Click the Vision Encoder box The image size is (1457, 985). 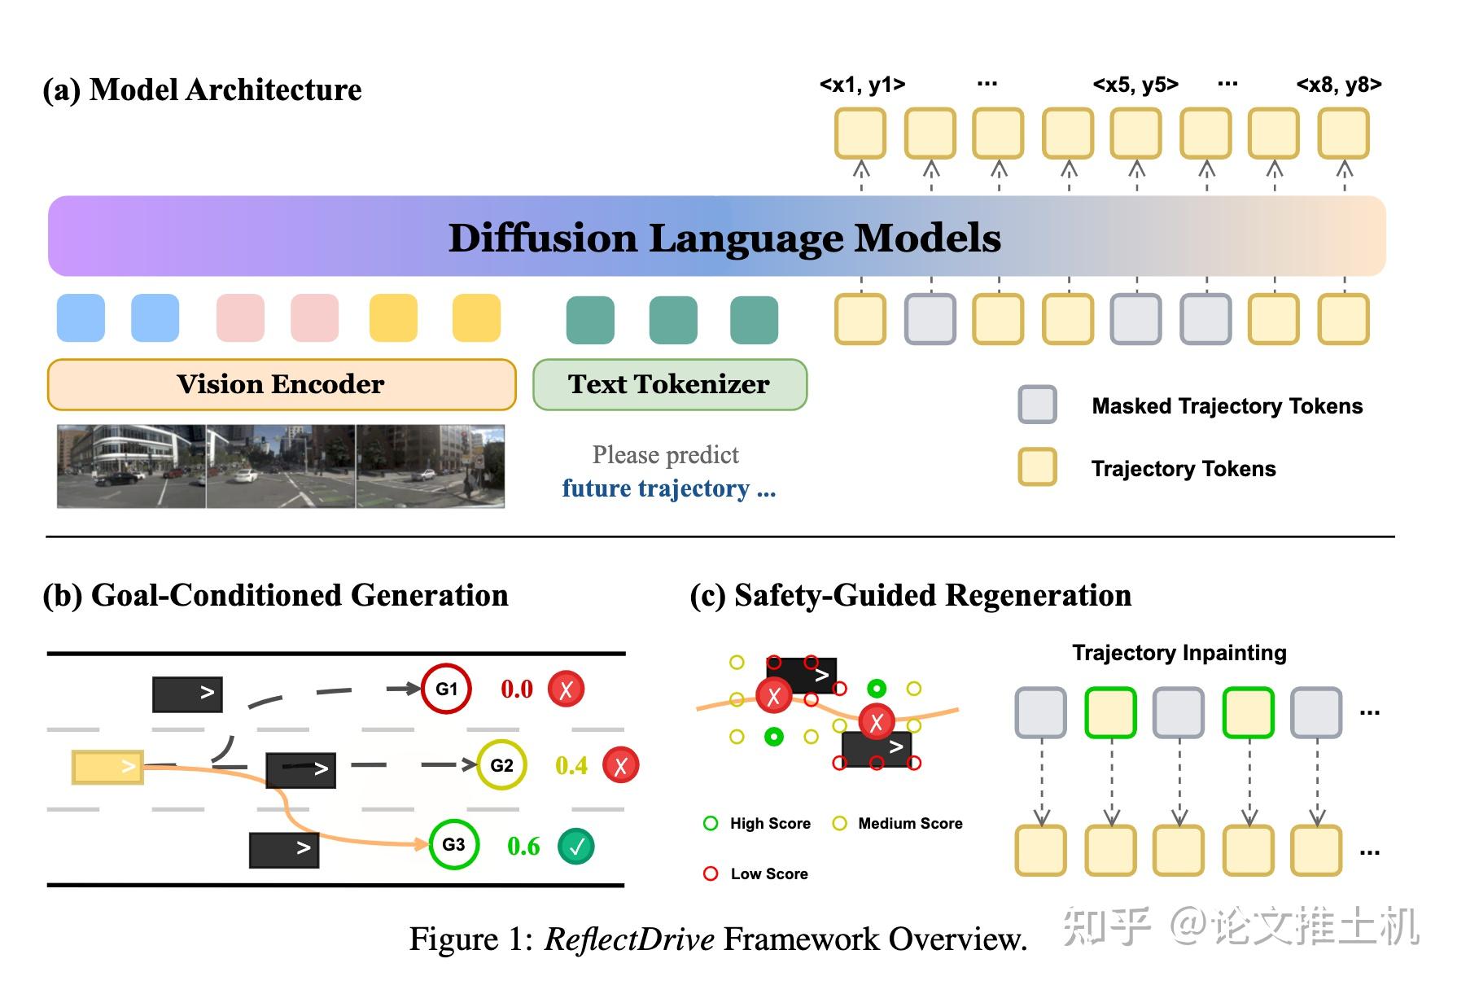(x=282, y=384)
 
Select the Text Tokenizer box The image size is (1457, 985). (x=669, y=384)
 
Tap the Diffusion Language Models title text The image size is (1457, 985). (x=724, y=238)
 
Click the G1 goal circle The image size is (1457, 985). (x=446, y=689)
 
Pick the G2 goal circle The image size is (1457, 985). (x=501, y=765)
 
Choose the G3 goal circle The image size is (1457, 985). (x=453, y=844)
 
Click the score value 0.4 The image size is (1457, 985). (x=571, y=766)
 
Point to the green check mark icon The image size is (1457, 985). (x=576, y=847)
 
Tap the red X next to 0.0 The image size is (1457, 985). (x=566, y=689)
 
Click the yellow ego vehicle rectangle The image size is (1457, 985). (x=107, y=767)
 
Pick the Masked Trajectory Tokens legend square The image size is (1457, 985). (x=1037, y=405)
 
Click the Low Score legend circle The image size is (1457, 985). (x=711, y=873)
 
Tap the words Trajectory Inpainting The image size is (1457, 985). (x=1179, y=653)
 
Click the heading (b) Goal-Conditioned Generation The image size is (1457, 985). (x=275, y=596)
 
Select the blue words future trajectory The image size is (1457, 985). (x=655, y=488)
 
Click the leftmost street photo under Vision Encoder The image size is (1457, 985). (x=131, y=466)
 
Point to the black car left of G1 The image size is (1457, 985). (x=187, y=694)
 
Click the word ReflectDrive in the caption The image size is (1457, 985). (x=629, y=939)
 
